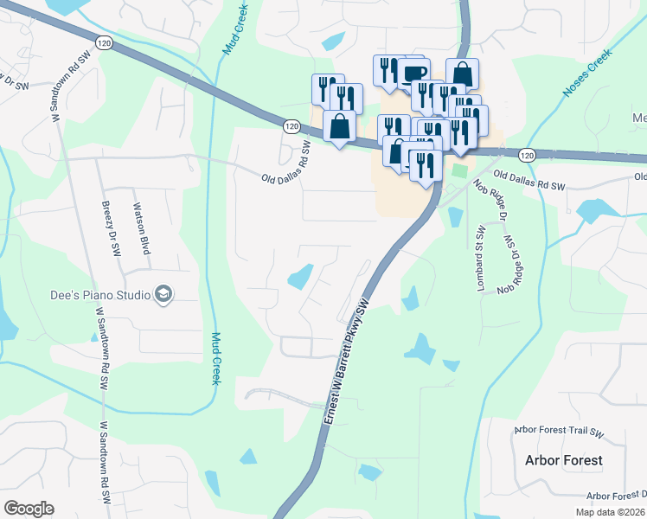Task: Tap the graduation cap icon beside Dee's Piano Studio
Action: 162,295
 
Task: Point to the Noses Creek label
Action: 587,72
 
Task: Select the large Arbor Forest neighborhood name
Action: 563,460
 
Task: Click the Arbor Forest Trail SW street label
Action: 558,431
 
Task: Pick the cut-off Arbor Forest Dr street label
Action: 616,496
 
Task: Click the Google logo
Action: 29,508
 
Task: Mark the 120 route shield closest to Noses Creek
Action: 526,154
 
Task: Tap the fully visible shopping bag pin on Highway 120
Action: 340,127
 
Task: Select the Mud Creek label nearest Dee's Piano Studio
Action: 215,357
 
